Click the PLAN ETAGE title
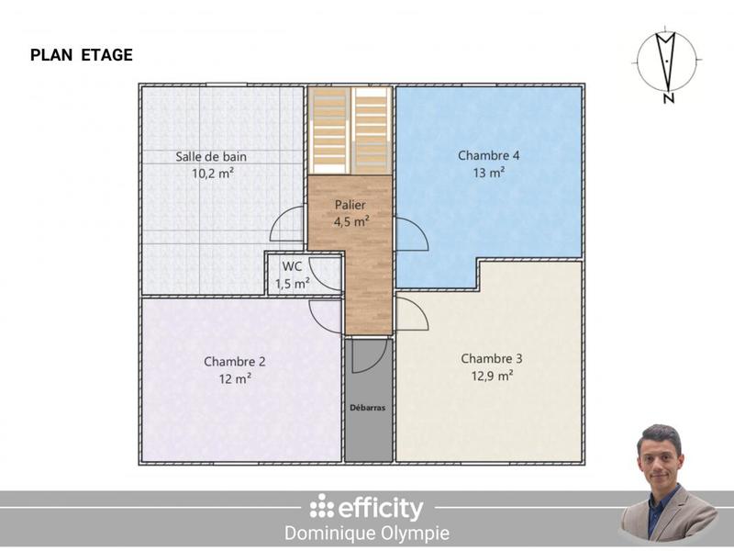(x=82, y=55)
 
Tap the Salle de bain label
(x=211, y=156)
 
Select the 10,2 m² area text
(x=211, y=173)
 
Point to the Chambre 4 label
(x=489, y=155)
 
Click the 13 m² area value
(x=489, y=172)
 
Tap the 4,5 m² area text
(x=351, y=221)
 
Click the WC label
(x=293, y=266)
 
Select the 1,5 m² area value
(x=293, y=283)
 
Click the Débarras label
(x=368, y=406)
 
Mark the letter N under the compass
(x=669, y=99)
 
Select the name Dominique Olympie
(x=367, y=534)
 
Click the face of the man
(x=660, y=455)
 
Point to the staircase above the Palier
(x=350, y=129)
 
